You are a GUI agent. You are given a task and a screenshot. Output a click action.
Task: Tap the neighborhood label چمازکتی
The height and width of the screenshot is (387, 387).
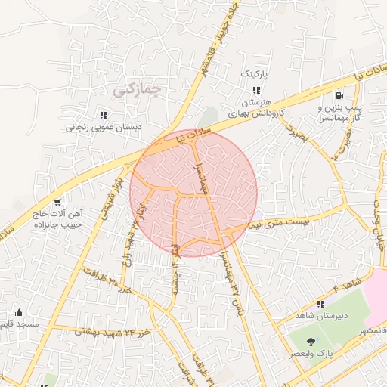138,90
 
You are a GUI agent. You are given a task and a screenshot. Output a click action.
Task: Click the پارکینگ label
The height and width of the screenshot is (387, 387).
254,76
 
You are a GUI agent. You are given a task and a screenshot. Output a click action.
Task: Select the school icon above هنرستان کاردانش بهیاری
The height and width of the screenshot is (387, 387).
246,91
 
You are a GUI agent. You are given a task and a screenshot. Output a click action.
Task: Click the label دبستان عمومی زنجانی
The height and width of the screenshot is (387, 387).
96,128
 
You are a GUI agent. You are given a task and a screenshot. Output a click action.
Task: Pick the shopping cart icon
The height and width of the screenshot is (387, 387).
57,203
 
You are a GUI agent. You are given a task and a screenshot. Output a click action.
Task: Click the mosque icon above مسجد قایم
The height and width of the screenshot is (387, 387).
19,312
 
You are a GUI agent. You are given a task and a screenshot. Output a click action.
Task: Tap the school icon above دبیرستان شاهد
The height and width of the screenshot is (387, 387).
320,304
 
